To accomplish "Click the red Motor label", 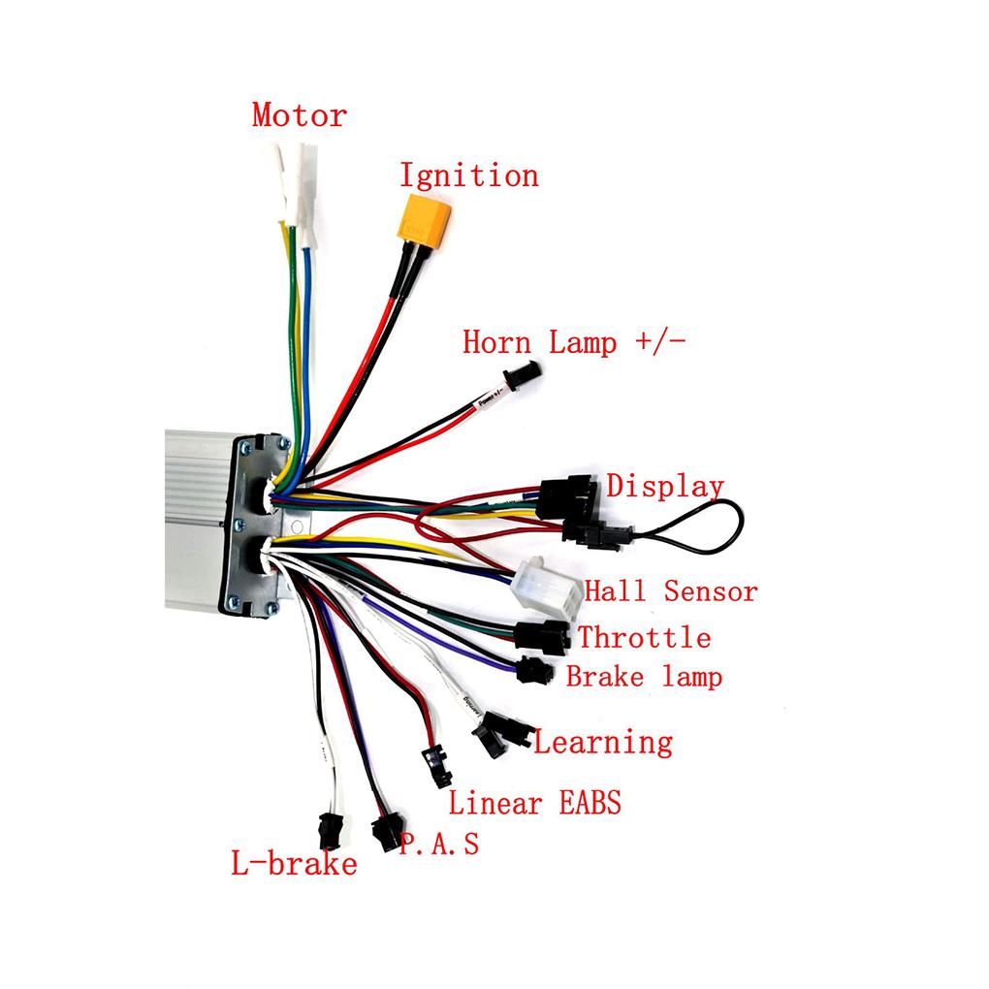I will pos(299,115).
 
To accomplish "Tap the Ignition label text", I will pos(468,175).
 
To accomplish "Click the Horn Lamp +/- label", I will pos(573,342).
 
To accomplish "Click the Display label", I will pos(664,487).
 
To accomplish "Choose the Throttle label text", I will pos(644,637).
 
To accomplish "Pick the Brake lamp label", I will pos(644,676).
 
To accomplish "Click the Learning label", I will pos(602,743).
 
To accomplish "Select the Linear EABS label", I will pos(533,803).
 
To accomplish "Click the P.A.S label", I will pos(439,844).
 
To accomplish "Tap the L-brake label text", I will pos(293,863).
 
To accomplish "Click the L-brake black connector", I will pos(330,831).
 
